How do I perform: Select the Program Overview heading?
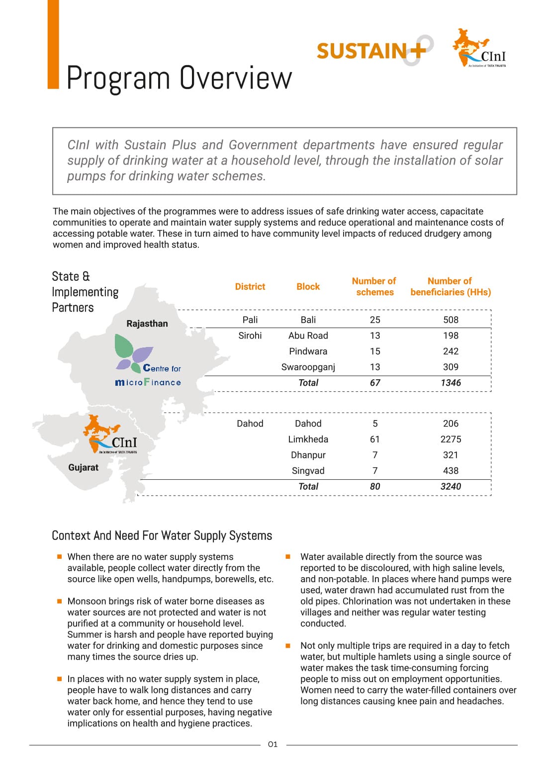(179, 78)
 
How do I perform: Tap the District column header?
(250, 287)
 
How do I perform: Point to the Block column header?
(308, 287)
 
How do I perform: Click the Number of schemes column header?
(374, 287)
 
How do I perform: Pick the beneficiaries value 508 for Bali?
(451, 320)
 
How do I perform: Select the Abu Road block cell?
(308, 336)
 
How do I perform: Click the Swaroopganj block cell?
(308, 367)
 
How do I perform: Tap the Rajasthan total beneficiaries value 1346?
(451, 383)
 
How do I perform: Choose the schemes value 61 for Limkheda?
(375, 439)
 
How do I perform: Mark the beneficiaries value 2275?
(451, 439)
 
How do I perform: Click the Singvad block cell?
(308, 471)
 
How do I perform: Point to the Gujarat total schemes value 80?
(375, 487)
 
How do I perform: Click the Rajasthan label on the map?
(147, 324)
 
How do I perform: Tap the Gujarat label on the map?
(84, 468)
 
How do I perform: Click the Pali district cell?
(250, 320)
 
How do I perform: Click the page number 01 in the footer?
(273, 744)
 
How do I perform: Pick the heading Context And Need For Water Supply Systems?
(162, 536)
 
